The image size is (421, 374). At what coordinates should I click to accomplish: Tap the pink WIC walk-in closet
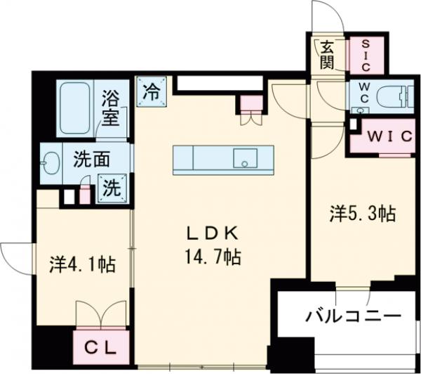pos(387,136)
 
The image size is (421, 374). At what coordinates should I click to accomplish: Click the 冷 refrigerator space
pos(150,91)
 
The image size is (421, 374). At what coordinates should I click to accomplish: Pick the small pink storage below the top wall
pos(250,104)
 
